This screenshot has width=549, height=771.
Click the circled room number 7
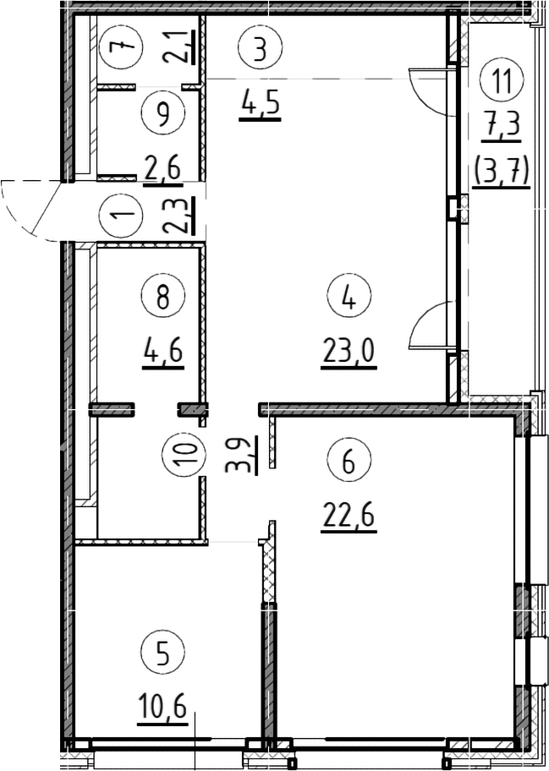tap(120, 47)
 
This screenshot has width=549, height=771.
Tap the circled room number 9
tap(162, 112)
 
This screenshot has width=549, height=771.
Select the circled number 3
tap(261, 47)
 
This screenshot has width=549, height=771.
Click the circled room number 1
tap(120, 216)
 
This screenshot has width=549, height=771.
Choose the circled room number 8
tap(162, 298)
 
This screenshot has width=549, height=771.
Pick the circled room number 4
tap(349, 298)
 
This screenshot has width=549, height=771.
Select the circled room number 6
tap(349, 462)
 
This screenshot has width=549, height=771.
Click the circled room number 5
tap(162, 653)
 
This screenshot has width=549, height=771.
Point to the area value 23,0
tap(349, 352)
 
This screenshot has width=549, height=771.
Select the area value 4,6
tap(162, 353)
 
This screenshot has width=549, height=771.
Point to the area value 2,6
tap(162, 171)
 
